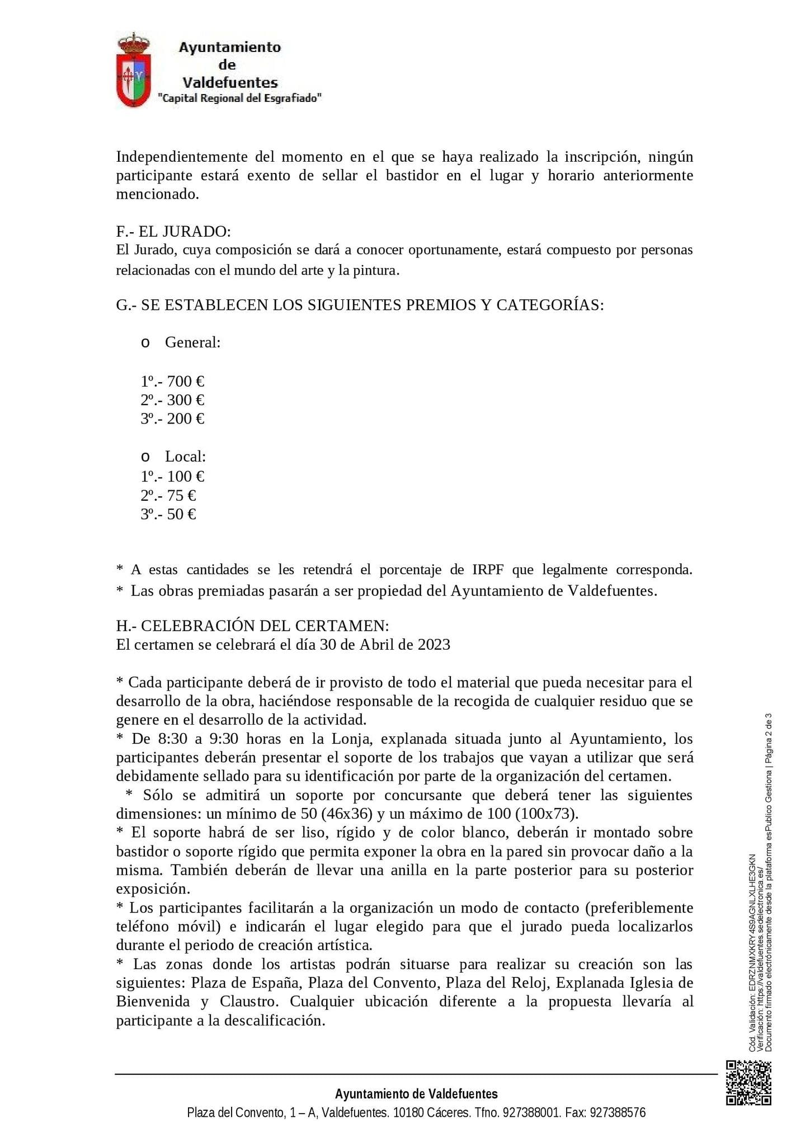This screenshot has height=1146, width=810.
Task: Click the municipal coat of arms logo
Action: (133, 70)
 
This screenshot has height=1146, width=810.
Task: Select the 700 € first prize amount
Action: (186, 382)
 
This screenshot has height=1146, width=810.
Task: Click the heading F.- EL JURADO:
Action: (173, 231)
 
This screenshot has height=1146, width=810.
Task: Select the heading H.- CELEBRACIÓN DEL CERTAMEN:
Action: (252, 626)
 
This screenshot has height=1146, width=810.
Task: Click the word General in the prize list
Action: (192, 342)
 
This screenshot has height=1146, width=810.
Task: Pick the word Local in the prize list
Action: (185, 457)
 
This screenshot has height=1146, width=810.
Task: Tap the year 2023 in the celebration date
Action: (434, 645)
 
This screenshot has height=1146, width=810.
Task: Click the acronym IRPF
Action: (488, 570)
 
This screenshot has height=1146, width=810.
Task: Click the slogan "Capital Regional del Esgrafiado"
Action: (240, 98)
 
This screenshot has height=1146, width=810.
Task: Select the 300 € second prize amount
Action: (186, 400)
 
